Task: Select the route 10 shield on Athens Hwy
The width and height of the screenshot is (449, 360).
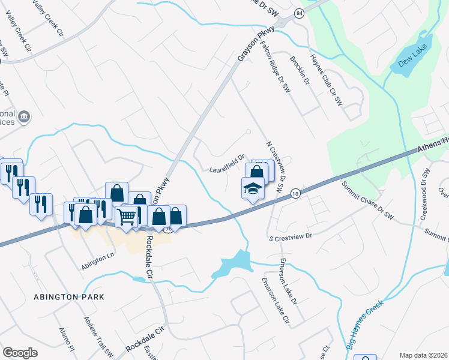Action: [x=295, y=193]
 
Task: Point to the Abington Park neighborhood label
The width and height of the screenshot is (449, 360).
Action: [x=69, y=297]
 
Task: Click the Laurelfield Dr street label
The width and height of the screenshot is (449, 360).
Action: [x=226, y=161]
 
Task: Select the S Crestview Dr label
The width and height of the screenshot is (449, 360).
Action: [x=291, y=236]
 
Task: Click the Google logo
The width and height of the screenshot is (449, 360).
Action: [x=20, y=352]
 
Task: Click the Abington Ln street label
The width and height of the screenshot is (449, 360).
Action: [x=97, y=256]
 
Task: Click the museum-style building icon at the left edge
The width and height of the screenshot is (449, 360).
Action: [x=25, y=116]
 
